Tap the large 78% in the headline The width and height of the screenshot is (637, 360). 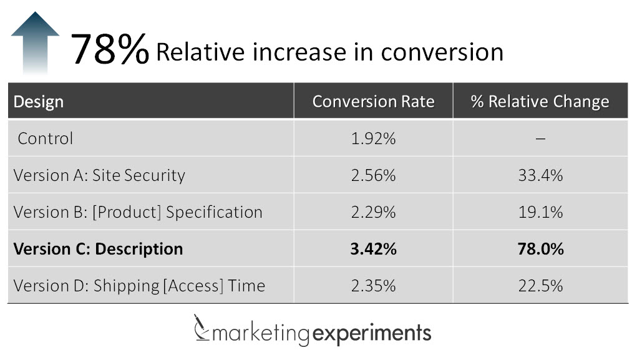110,50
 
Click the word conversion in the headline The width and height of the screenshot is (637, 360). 442,52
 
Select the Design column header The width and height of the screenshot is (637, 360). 39,102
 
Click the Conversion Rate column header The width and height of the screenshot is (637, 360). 373,102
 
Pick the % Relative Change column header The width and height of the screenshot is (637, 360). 540,102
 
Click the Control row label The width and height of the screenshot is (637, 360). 45,138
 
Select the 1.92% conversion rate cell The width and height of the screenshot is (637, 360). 373,139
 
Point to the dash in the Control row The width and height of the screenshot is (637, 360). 540,139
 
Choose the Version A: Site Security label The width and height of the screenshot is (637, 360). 99,175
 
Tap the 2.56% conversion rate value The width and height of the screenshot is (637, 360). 373,175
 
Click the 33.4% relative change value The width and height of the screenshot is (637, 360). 540,175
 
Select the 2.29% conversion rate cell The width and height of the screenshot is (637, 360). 373,212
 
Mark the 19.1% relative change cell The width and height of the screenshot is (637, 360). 540,212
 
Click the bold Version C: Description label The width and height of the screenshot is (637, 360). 98,249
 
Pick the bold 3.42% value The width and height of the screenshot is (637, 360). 373,249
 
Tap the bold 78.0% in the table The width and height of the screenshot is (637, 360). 540,249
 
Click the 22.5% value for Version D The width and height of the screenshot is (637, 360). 540,286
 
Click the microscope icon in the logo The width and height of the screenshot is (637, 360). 201,329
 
